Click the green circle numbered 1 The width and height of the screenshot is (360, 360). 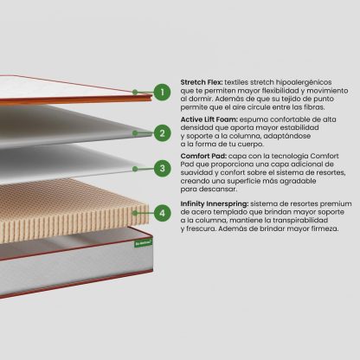point(162,93)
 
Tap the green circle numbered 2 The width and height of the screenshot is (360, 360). point(162,133)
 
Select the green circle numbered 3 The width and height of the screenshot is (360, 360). point(162,168)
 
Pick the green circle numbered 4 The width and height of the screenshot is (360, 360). point(162,213)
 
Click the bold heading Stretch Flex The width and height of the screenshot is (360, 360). point(202,82)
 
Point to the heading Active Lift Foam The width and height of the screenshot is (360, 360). point(209,119)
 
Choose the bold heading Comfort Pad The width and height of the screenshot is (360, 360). point(203,156)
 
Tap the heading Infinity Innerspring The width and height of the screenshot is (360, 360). point(215,203)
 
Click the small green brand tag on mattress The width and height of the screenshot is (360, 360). point(144,243)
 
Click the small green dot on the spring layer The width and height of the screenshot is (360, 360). point(135,213)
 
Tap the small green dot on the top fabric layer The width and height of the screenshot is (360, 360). point(135,92)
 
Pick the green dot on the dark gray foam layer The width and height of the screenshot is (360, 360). point(135,133)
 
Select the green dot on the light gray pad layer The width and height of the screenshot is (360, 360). point(135,169)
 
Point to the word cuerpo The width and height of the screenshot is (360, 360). point(250,144)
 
